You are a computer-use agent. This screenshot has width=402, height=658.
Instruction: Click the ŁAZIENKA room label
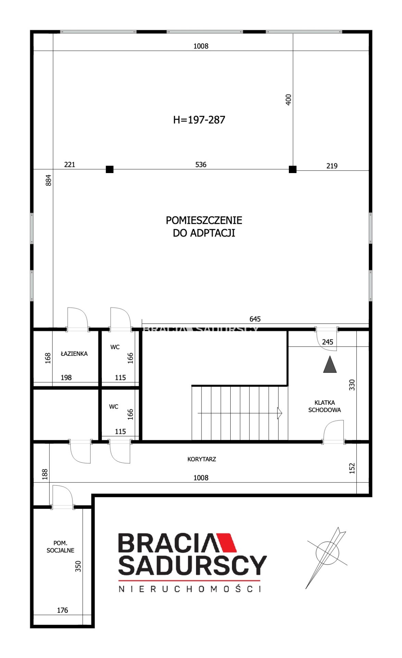pyautogui.click(x=74, y=353)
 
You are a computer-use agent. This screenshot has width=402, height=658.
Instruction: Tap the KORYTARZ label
pyautogui.click(x=202, y=459)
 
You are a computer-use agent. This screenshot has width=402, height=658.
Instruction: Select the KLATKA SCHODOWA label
pyautogui.click(x=325, y=406)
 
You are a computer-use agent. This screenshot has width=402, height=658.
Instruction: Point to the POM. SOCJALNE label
pyautogui.click(x=60, y=547)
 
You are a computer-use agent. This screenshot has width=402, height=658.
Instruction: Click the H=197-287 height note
pyautogui.click(x=199, y=120)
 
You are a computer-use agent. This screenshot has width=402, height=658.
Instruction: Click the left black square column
pyautogui.click(x=110, y=169)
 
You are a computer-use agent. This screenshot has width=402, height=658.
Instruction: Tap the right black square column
pyautogui.click(x=293, y=169)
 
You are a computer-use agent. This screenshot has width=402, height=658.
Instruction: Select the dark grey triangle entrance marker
pyautogui.click(x=330, y=365)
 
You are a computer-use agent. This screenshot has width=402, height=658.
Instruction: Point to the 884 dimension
pyautogui.click(x=49, y=180)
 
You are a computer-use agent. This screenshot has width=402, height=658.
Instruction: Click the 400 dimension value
pyautogui.click(x=289, y=100)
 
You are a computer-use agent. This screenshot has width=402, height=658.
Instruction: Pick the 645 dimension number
pyautogui.click(x=255, y=319)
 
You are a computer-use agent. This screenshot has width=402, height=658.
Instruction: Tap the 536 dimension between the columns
pyautogui.click(x=201, y=164)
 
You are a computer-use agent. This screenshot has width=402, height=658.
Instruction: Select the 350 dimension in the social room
pyautogui.click(x=78, y=566)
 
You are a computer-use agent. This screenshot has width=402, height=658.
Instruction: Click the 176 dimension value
pyautogui.click(x=62, y=610)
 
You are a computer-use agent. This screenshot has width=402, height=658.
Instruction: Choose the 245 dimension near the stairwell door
pyautogui.click(x=328, y=342)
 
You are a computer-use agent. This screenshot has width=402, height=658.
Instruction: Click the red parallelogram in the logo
pyautogui.click(x=226, y=542)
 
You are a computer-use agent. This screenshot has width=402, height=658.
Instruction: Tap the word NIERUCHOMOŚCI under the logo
pyautogui.click(x=190, y=589)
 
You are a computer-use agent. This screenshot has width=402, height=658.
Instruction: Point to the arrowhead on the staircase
pyautogui.click(x=280, y=413)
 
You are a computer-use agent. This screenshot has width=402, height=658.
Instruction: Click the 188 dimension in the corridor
pyautogui.click(x=45, y=474)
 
